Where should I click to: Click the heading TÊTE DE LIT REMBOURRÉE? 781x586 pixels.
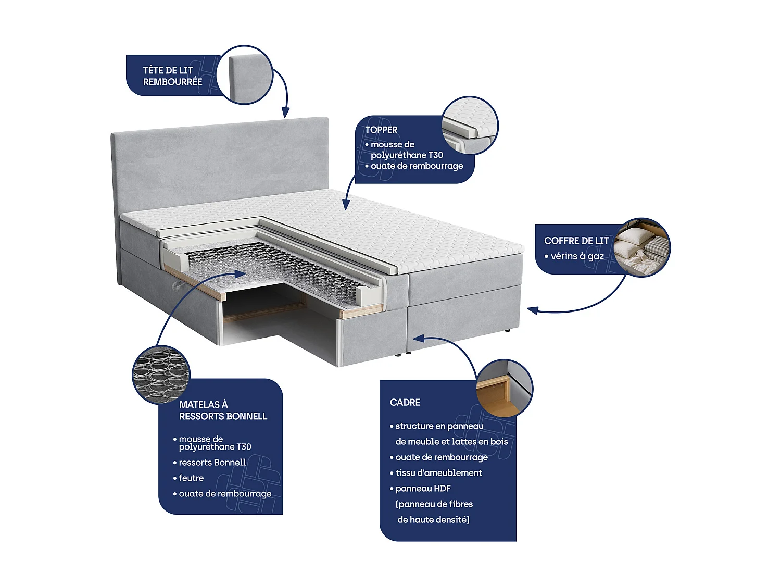(172, 76)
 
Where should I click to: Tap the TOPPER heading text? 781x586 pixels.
(381, 130)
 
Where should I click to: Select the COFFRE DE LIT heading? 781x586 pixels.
(576, 241)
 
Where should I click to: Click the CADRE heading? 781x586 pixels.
(405, 402)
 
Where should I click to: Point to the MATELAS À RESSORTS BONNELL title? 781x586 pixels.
(223, 410)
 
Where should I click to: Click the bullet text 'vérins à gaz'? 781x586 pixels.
(577, 256)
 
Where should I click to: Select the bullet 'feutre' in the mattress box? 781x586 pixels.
(191, 478)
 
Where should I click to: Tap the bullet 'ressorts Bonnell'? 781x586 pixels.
(212, 463)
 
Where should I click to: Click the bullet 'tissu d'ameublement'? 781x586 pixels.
(438, 473)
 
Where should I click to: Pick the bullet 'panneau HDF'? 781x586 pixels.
(423, 489)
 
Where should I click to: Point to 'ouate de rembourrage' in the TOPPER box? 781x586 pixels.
(417, 166)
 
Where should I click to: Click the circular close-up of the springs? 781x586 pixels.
(161, 375)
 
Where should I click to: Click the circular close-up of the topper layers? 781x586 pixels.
(470, 125)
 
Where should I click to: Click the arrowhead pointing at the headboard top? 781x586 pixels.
(285, 113)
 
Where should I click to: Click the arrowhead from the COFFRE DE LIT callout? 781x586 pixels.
(532, 310)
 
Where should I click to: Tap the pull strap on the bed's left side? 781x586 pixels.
(178, 284)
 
